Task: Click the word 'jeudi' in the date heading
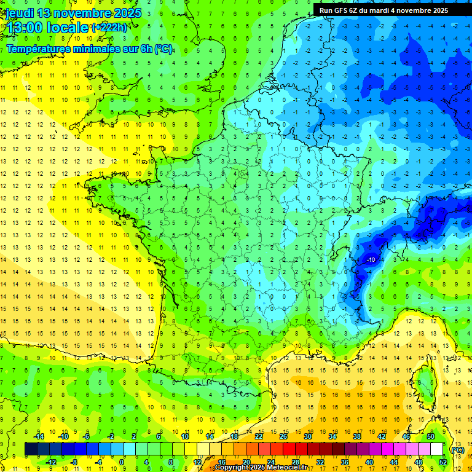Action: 18,13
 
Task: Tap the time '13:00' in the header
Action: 24,27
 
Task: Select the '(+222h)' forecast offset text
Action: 109,28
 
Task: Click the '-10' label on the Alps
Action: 371,261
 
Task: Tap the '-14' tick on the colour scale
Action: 39,436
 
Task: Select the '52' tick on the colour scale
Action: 442,462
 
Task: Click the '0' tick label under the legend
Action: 121,462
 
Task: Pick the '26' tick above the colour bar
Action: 283,436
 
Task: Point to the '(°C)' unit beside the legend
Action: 457,450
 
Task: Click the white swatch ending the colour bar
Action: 437,449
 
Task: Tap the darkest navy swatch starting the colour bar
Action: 31,449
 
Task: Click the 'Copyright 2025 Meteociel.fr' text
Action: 261,468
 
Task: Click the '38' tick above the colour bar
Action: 357,436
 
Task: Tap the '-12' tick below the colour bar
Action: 51,462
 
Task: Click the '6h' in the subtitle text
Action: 145,49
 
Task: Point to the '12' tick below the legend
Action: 197,462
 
